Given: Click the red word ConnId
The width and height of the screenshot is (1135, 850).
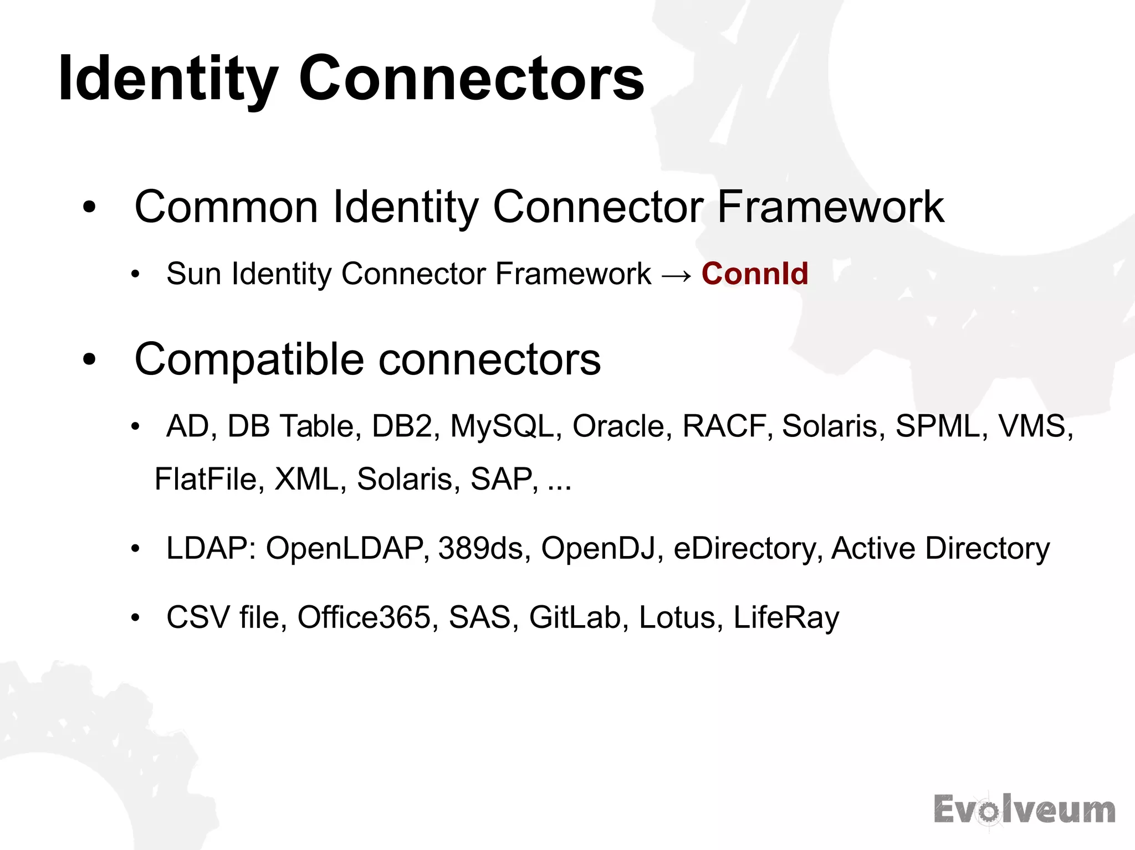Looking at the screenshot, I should click(x=755, y=274).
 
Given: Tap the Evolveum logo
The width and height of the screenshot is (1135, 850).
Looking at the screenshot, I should click(x=1024, y=810).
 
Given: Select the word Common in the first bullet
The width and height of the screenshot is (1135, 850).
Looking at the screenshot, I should click(x=226, y=207).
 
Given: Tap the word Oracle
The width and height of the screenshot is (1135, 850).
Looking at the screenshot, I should click(x=619, y=426).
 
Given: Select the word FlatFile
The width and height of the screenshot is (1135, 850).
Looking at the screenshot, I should click(x=206, y=479).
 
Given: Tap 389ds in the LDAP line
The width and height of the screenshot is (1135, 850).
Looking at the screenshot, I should click(x=480, y=549).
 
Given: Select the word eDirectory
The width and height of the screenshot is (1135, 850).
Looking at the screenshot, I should click(x=744, y=549).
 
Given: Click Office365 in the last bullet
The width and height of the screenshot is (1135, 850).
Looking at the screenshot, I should click(x=364, y=617).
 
